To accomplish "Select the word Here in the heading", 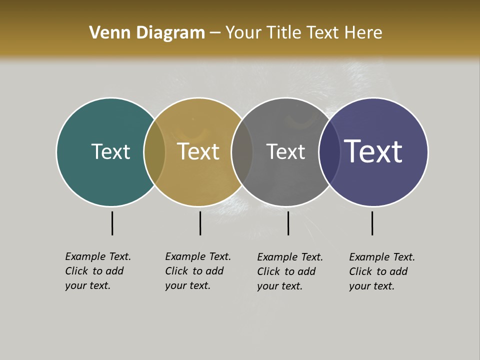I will (x=363, y=33).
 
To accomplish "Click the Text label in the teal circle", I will (x=110, y=151).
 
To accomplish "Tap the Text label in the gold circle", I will (x=198, y=151).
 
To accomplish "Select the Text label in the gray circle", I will (x=285, y=151).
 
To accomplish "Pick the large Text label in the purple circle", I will (x=373, y=151).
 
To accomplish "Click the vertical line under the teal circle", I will (x=112, y=223).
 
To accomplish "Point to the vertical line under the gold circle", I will (x=200, y=223).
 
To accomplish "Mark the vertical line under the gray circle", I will (x=288, y=223).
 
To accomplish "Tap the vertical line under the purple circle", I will (x=372, y=223).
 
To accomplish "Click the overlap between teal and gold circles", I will (x=154, y=152).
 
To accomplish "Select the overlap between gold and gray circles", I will (x=242, y=152).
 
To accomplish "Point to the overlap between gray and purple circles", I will (x=329, y=152).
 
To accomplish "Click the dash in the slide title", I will (x=215, y=33).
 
